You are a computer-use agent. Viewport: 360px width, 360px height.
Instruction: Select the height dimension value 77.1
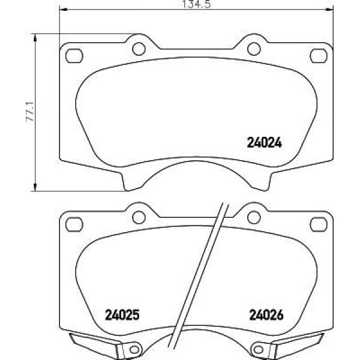point(28,111)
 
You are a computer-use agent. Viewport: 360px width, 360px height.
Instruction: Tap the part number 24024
point(265,143)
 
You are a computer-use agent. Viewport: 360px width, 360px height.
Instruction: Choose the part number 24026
point(265,314)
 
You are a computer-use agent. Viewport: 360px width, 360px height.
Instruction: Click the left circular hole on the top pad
point(139,49)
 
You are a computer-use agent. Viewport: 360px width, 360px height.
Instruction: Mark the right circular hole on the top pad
point(254,49)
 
